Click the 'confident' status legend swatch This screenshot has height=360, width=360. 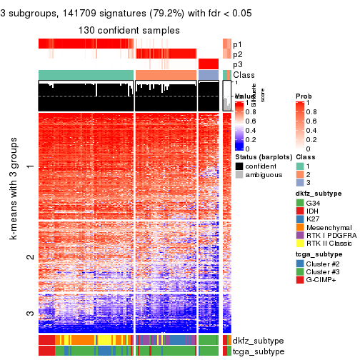pos(239,166)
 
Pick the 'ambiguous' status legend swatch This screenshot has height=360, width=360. pos(239,176)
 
